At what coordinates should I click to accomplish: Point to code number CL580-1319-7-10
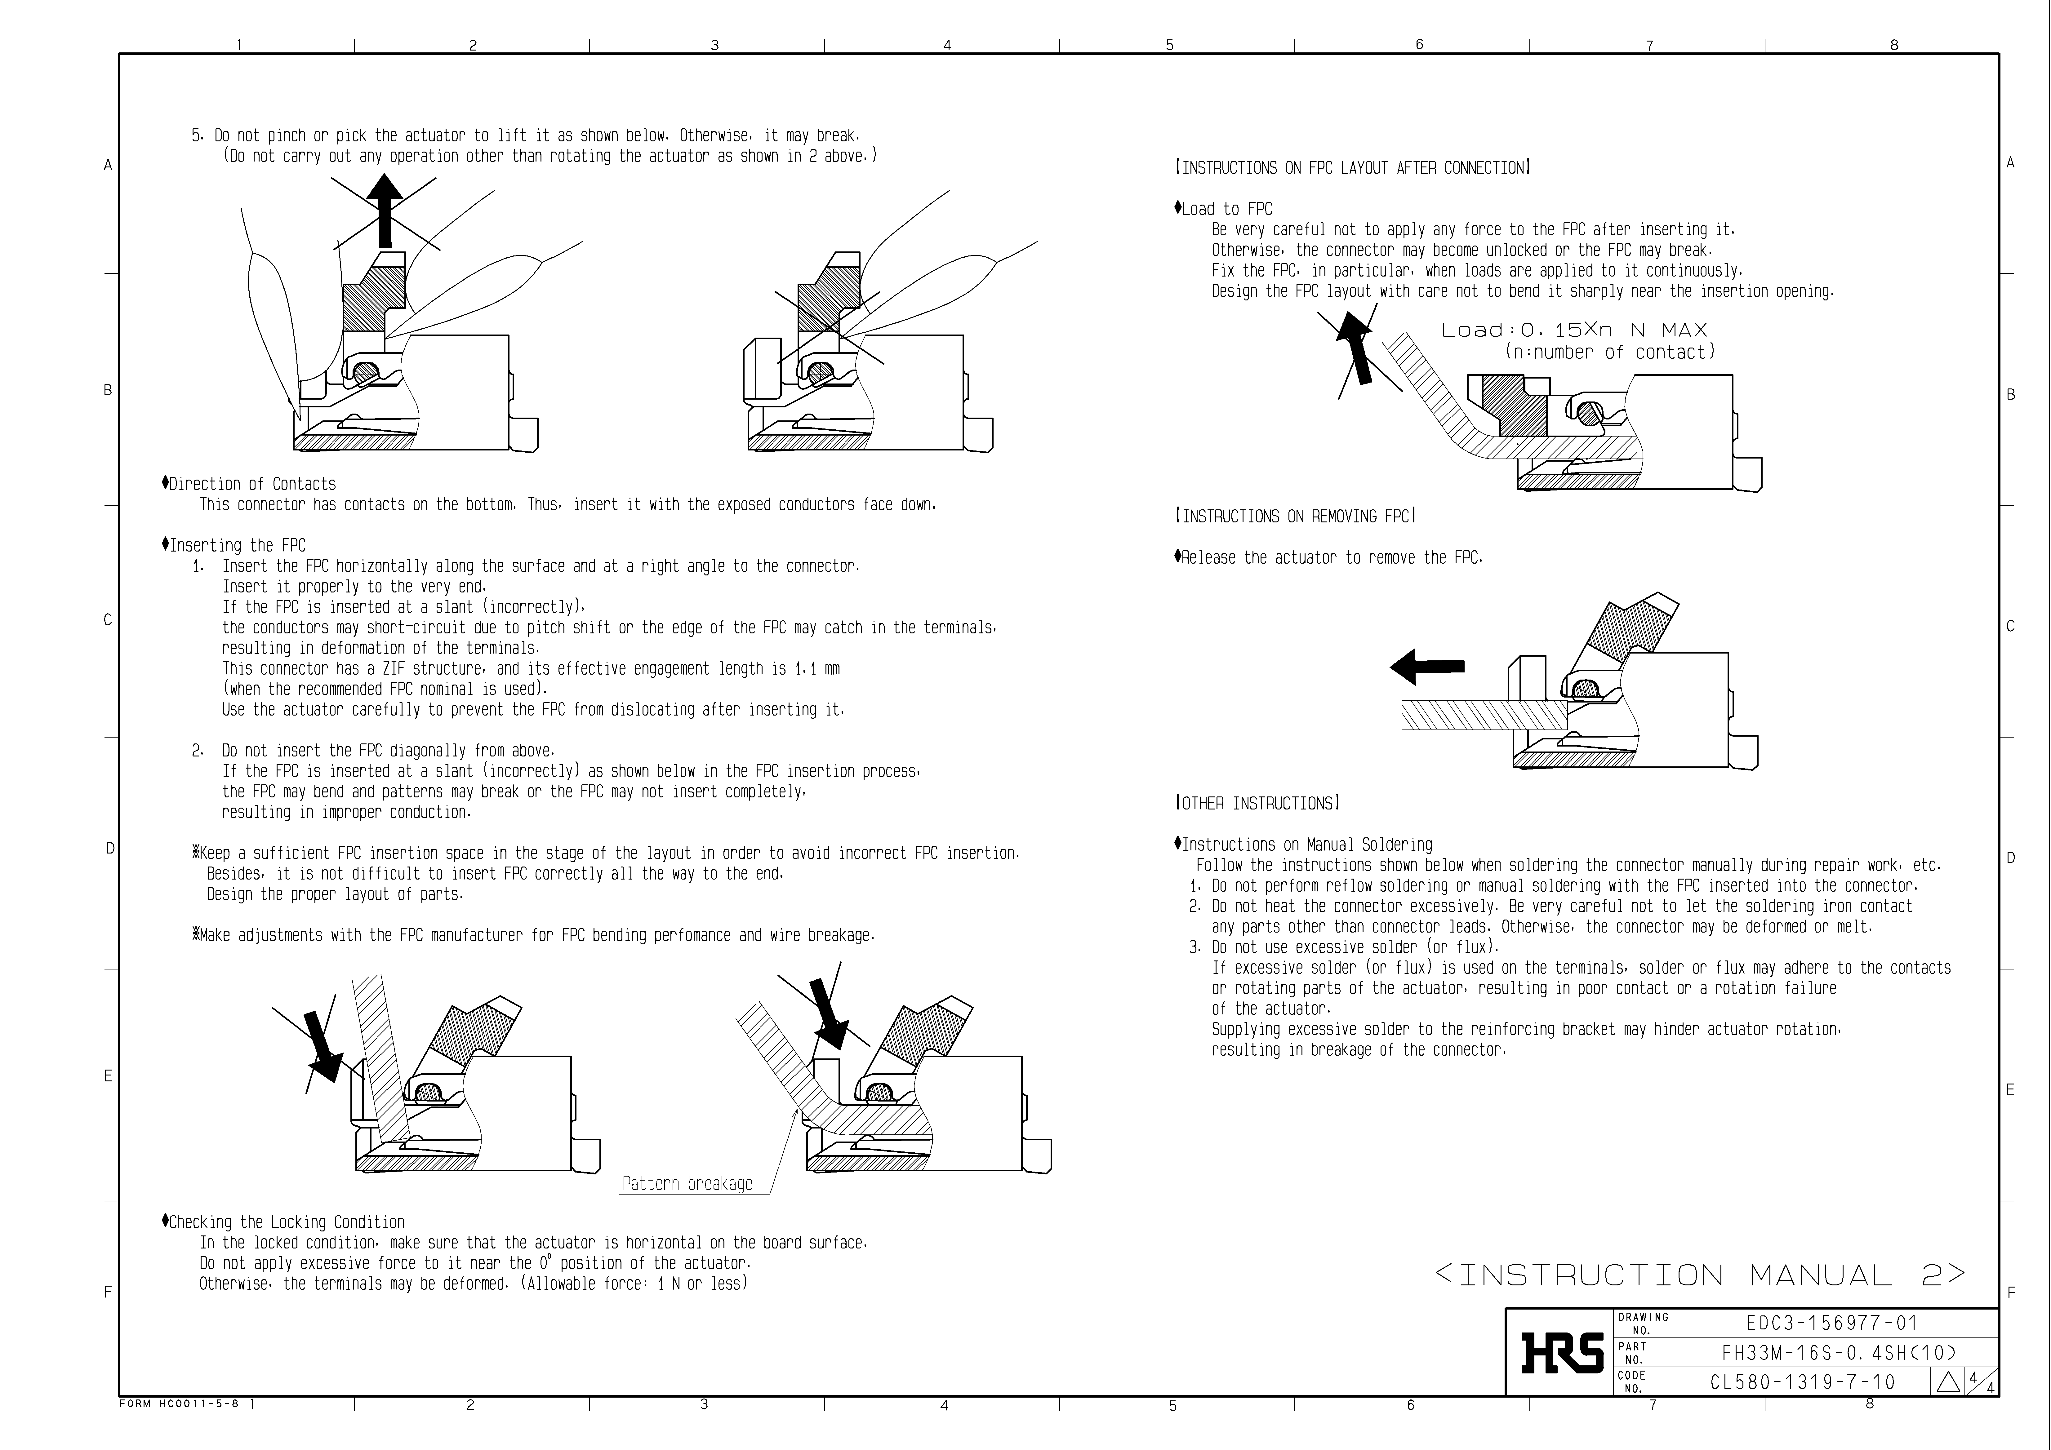pyautogui.click(x=1803, y=1382)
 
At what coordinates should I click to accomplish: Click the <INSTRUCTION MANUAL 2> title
pyautogui.click(x=1700, y=1274)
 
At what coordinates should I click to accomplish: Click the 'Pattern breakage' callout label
pyautogui.click(x=687, y=1184)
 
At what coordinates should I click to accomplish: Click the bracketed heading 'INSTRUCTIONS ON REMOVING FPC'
pyautogui.click(x=1295, y=516)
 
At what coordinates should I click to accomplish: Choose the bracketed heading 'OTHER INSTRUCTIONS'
pyautogui.click(x=1257, y=804)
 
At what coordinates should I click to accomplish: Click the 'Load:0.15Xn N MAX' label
pyautogui.click(x=1574, y=330)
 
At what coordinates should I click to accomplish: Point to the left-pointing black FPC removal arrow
pyautogui.click(x=1426, y=666)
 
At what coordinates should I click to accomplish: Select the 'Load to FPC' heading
pyautogui.click(x=1226, y=209)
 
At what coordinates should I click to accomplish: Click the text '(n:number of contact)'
pyautogui.click(x=1610, y=352)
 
